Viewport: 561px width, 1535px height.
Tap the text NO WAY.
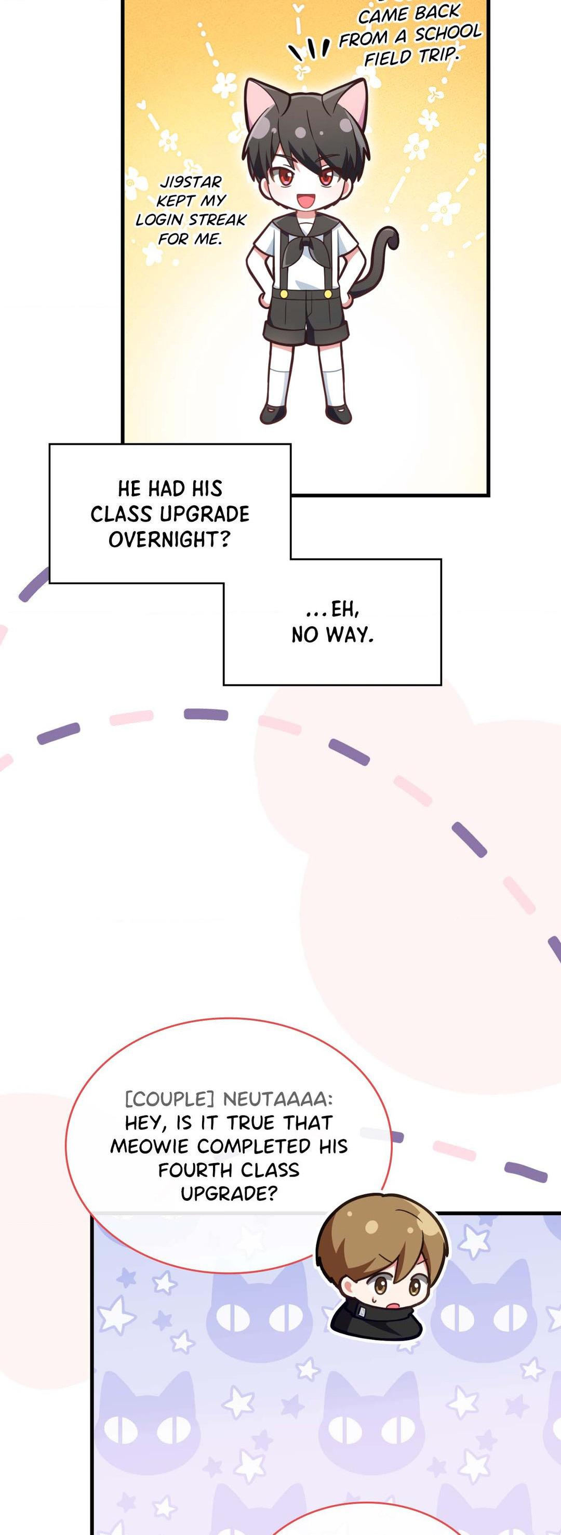(332, 635)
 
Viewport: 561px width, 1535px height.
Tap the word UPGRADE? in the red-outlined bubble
(229, 1194)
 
